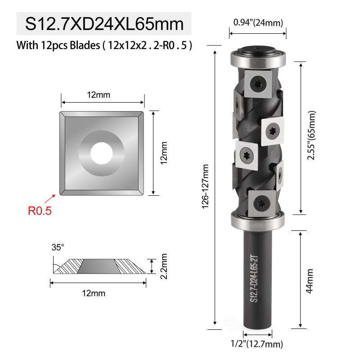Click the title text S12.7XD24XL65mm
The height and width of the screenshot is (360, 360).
[104, 24]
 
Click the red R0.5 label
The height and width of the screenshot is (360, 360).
[40, 211]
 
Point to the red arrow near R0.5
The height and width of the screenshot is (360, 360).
[50, 199]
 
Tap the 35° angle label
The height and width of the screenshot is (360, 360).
[58, 247]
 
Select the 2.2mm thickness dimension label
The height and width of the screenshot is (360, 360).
[163, 266]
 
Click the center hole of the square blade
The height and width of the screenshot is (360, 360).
[102, 153]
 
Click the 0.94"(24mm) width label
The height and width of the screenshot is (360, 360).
[258, 22]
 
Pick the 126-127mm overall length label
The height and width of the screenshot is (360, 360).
[205, 186]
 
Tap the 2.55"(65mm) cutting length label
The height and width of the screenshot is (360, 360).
[311, 135]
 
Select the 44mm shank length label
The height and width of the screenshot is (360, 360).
[310, 281]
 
